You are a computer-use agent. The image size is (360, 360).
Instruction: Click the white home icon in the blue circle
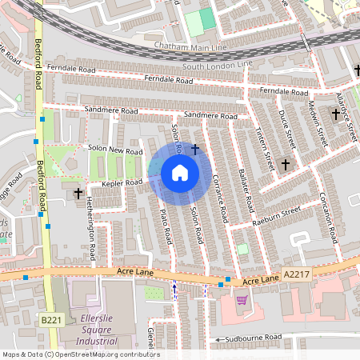pyautogui.click(x=180, y=173)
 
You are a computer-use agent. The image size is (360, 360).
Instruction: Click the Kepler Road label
pyautogui.click(x=122, y=182)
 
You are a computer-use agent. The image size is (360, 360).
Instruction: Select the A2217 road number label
pyautogui.click(x=295, y=274)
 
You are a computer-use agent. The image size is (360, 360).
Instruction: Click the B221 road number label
pyautogui.click(x=50, y=320)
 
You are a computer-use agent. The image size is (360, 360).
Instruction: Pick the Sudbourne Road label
pyautogui.click(x=256, y=338)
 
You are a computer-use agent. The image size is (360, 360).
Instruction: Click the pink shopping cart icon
pyautogui.click(x=242, y=300)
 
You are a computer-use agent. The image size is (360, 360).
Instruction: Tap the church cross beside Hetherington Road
pyautogui.click(x=78, y=193)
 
